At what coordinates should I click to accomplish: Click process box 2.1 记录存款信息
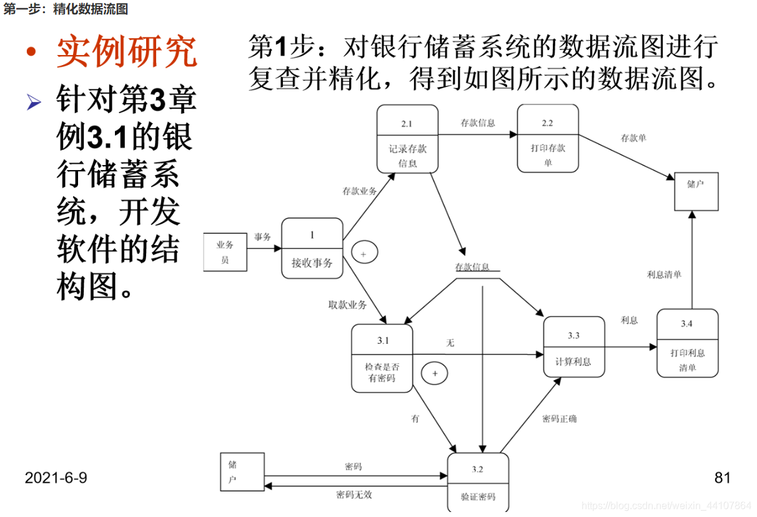click(407, 139)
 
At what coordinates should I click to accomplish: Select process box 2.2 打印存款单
click(548, 138)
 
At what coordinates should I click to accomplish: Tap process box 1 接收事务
click(312, 248)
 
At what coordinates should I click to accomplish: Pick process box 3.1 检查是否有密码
click(382, 358)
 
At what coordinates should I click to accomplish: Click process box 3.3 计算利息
click(573, 347)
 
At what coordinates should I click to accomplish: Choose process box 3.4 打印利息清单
click(687, 343)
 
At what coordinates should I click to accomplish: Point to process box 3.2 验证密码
click(478, 482)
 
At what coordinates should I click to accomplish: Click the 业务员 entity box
click(225, 252)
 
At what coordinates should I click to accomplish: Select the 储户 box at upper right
click(696, 191)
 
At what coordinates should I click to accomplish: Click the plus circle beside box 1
click(364, 253)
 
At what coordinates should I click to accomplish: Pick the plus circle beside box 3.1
click(435, 373)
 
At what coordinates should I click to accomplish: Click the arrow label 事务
click(263, 238)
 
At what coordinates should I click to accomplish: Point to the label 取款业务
click(347, 305)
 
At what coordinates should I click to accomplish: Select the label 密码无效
click(354, 494)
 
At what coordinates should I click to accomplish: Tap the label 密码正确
click(559, 418)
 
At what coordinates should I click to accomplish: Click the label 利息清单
click(664, 274)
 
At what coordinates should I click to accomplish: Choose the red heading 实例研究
click(127, 53)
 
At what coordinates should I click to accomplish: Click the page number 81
click(722, 478)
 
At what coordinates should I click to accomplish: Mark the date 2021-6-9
click(56, 478)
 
